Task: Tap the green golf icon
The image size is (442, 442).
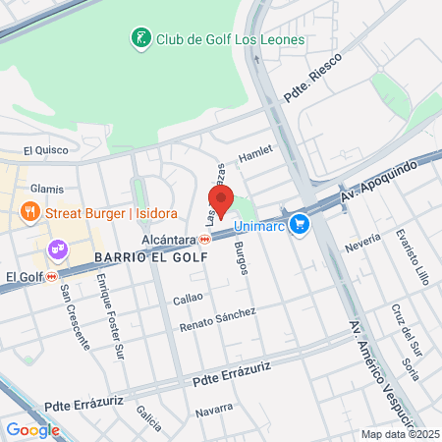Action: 140,39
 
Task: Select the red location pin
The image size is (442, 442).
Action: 221,200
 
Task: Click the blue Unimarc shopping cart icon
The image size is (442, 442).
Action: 301,226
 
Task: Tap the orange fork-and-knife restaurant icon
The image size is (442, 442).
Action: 30,212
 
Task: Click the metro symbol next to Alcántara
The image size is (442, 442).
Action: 205,239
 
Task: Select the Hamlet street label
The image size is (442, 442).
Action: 255,155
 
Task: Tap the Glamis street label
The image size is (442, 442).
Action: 46,189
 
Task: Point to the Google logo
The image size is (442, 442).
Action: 32,429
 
